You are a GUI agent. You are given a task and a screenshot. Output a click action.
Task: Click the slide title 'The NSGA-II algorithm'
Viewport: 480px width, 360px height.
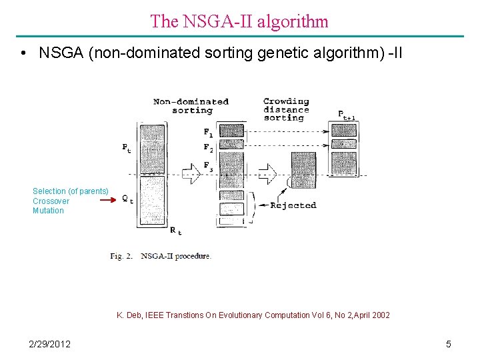click(239, 21)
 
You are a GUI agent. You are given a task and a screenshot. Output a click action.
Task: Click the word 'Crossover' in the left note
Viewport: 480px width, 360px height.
click(51, 201)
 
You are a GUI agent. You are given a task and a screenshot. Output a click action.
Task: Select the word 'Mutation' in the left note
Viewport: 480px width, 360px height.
click(48, 211)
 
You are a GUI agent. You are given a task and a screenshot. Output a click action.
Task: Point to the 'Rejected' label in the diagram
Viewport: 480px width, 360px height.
click(293, 205)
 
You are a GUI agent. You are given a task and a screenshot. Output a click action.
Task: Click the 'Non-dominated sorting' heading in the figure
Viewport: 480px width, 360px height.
click(191, 106)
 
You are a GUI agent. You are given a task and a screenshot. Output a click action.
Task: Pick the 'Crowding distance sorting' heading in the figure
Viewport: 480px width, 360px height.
click(286, 110)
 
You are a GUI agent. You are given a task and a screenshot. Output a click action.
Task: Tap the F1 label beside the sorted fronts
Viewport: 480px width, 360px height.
click(208, 132)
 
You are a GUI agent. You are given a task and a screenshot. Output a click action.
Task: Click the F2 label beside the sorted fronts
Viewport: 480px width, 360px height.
click(208, 147)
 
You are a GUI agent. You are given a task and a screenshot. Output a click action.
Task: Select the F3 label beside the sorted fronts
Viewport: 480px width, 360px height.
click(208, 165)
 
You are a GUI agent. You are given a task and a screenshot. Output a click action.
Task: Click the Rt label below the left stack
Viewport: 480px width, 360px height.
click(175, 231)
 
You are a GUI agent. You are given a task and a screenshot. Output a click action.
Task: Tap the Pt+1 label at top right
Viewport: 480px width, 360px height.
click(346, 115)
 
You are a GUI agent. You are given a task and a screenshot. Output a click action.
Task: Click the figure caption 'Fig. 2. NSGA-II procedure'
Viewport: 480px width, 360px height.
click(161, 256)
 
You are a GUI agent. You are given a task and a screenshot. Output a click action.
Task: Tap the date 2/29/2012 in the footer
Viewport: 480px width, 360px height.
click(50, 344)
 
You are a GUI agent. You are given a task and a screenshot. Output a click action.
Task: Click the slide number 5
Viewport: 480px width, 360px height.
click(449, 344)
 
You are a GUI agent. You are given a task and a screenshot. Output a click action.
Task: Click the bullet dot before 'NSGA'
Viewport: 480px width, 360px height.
click(23, 53)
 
